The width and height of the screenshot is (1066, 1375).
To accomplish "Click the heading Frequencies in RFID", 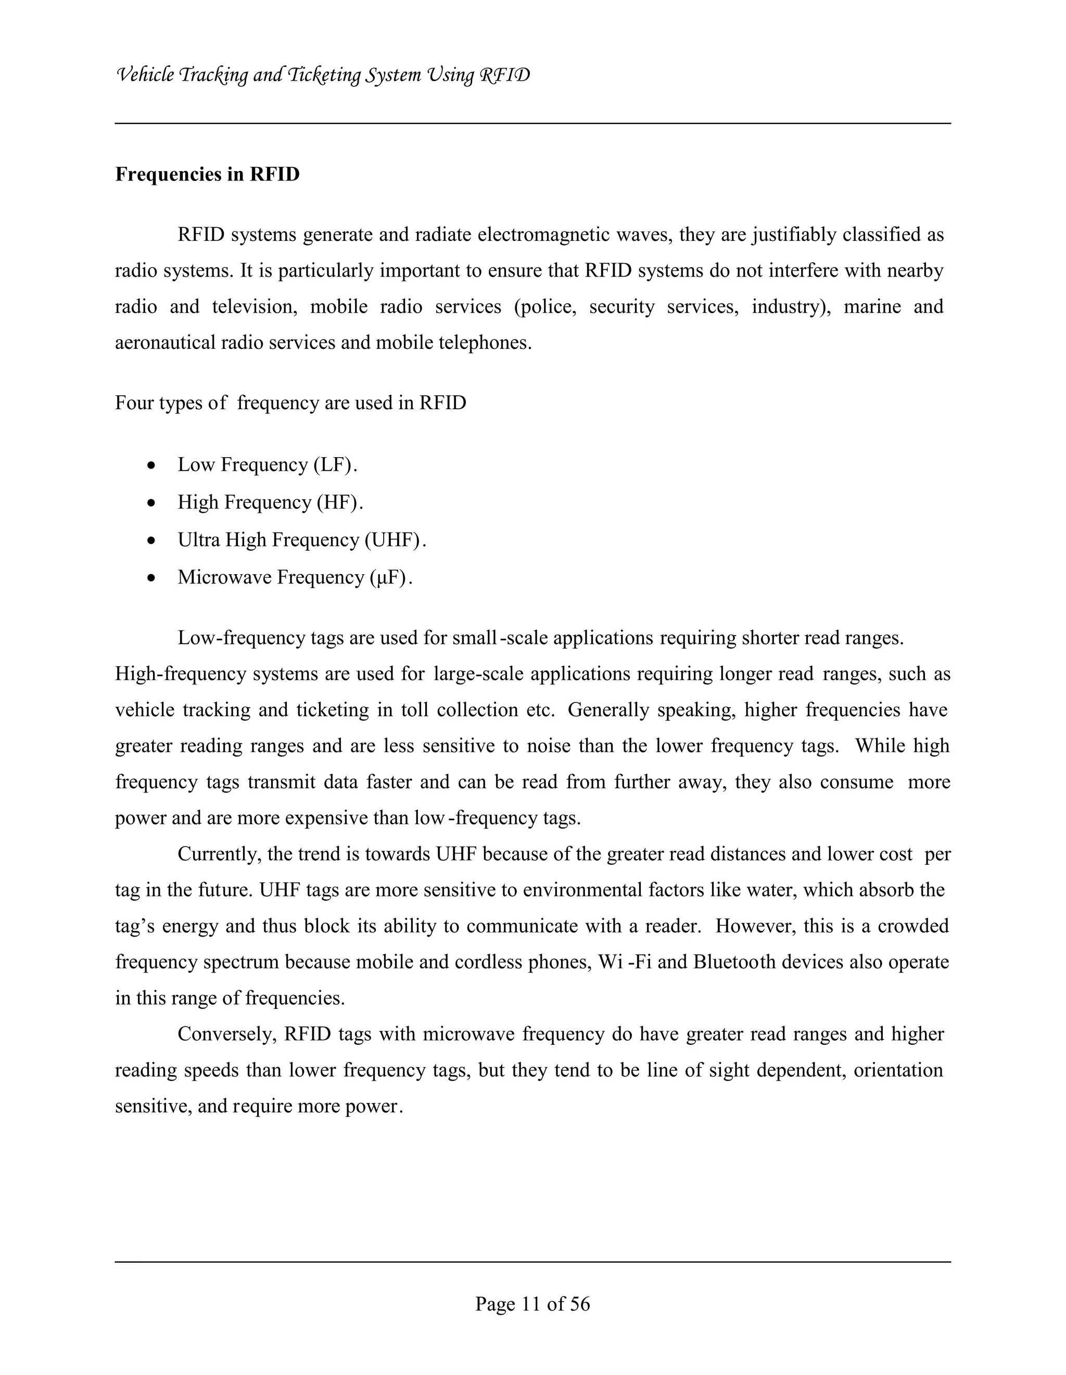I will point(207,174).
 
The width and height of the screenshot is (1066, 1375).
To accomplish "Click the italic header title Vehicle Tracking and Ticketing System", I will point(323,75).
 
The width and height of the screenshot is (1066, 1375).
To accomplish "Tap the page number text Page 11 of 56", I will point(532,1303).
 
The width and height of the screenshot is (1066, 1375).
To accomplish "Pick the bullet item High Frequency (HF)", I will point(270,502).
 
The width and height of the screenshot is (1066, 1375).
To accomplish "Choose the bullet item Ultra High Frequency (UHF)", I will point(301,540).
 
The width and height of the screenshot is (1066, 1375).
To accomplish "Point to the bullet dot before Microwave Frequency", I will point(151,577).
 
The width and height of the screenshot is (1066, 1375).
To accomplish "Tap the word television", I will point(255,307).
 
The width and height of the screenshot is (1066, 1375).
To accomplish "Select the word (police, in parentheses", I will point(544,307).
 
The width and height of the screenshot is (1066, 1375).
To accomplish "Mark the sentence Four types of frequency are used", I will point(290,403).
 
